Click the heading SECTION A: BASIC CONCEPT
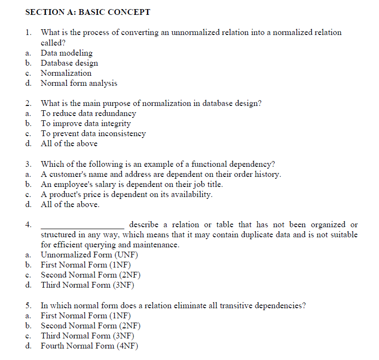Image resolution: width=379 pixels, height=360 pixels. coord(87,12)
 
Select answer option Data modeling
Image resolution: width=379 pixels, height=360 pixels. coord(67,53)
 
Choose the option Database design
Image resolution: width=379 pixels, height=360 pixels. coord(69,63)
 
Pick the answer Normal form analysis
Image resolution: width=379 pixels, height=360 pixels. coord(79,83)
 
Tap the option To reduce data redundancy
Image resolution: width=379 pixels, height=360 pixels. coord(88,113)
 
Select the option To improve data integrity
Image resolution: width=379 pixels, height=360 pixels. coord(85,123)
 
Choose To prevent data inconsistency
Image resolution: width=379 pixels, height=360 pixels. coord(93,133)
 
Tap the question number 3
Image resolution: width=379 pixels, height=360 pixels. coord(29,164)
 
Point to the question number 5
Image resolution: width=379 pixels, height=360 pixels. coord(29,305)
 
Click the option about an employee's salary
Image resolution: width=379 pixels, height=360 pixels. coord(131,184)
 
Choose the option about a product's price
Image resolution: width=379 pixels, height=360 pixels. coord(127,194)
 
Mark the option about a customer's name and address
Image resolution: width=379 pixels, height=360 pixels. coord(161,174)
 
